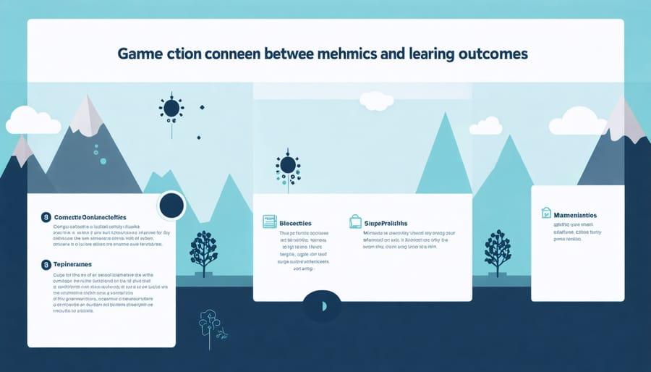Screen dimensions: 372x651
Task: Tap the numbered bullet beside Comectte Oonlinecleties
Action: pos(46,216)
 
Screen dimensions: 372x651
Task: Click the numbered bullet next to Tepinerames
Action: pos(46,266)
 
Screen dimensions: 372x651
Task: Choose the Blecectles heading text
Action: pos(300,222)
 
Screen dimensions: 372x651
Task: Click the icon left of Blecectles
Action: pos(269,221)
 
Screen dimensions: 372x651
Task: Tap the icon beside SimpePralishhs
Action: pos(355,221)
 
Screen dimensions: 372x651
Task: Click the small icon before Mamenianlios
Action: pos(547,213)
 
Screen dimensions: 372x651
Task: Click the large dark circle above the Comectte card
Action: pos(171,206)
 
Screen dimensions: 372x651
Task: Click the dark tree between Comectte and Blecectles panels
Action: pos(203,250)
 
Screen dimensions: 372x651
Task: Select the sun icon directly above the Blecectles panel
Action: pos(287,166)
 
